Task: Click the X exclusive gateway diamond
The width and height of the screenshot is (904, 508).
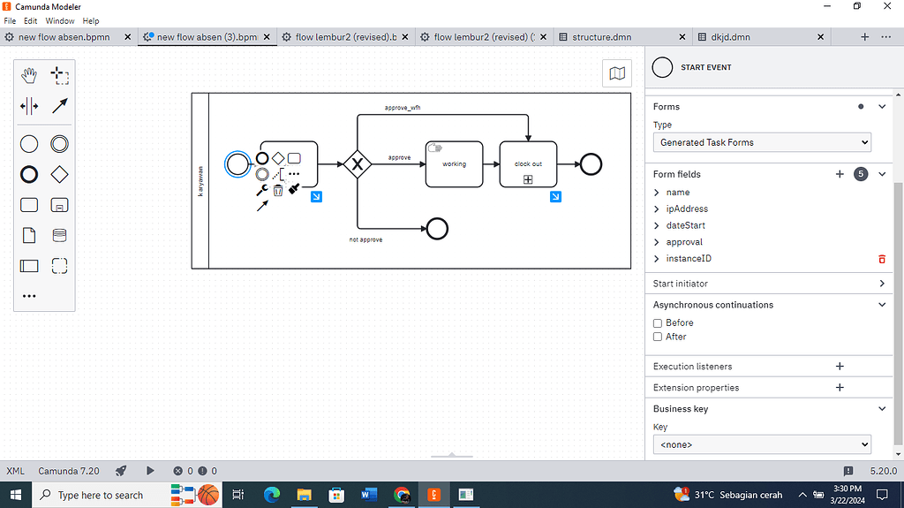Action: click(358, 163)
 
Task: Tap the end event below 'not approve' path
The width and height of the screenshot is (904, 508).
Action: click(436, 229)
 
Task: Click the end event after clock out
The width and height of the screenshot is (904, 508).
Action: click(591, 163)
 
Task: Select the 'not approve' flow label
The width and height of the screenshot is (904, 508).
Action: click(365, 239)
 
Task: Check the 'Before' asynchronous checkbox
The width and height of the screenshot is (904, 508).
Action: click(658, 323)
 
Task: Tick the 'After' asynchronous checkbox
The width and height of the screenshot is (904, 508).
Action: click(658, 337)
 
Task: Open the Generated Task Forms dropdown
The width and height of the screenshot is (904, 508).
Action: click(762, 142)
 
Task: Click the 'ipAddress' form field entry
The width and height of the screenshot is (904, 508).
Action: click(687, 209)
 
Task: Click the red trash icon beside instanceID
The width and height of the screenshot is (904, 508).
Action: click(881, 259)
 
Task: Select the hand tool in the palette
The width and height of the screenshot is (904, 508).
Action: click(29, 76)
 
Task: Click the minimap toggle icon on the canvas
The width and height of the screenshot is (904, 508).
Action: click(617, 73)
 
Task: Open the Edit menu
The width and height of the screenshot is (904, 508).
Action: click(30, 20)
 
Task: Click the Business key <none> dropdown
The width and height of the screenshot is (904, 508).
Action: click(762, 444)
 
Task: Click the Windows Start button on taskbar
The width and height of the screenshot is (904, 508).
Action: click(15, 495)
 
